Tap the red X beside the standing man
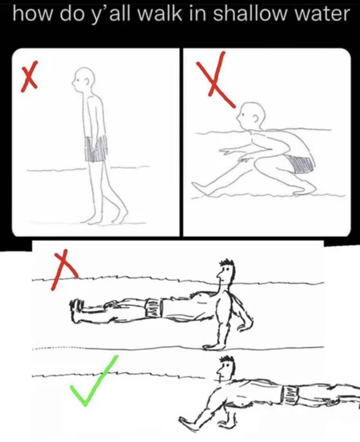coord(29,76)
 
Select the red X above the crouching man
coord(215,79)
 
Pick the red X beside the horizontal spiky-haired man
coord(64,269)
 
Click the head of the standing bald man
coord(83,78)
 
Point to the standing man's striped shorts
coord(96,149)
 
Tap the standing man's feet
coord(105,216)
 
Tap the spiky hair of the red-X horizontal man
coord(227,265)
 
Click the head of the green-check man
coord(226,368)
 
